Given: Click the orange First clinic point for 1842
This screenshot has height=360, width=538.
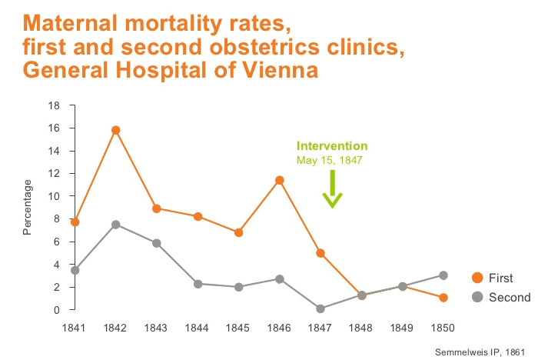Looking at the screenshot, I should point(115,130).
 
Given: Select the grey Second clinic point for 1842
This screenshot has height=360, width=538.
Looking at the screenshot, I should point(115,225).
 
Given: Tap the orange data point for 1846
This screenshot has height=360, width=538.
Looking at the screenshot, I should point(280,180).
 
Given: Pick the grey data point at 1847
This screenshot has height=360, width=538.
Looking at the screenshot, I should point(320,308).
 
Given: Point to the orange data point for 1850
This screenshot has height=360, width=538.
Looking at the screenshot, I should point(443,298).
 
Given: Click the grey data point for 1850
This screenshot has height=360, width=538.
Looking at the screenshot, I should point(443,275).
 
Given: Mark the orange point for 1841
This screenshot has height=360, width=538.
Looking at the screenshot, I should point(75,222).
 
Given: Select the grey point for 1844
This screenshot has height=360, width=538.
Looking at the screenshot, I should point(198,284).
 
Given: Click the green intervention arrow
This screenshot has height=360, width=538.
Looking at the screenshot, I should point(332,190).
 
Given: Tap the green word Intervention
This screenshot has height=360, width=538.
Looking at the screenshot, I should point(332,146).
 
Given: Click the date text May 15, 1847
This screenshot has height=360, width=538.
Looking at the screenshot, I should point(329,161).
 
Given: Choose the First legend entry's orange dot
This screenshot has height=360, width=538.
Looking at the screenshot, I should point(477,278).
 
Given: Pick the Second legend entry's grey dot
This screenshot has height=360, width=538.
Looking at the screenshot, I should point(477,297).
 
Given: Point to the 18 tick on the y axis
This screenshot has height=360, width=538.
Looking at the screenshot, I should point(53,105).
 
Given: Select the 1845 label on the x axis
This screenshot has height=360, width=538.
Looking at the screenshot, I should point(238,327).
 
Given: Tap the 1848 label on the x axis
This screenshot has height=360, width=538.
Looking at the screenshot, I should point(361,327).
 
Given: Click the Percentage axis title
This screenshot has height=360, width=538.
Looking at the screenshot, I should point(28,207).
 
